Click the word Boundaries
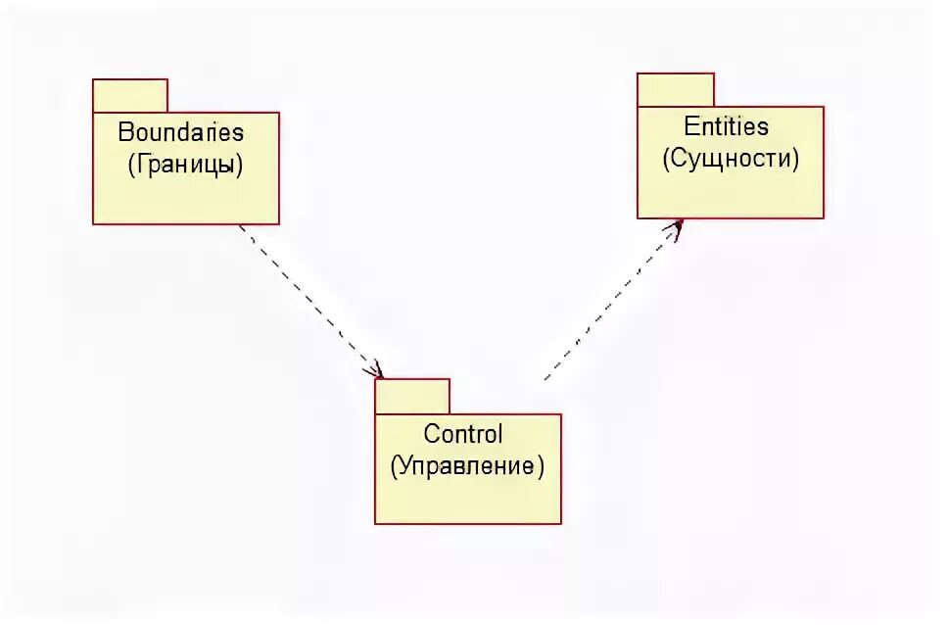point(181,131)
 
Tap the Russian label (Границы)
point(185,164)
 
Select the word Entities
point(726,126)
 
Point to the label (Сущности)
point(731,158)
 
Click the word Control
point(463,433)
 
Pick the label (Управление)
point(467,466)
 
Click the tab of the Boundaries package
point(130,96)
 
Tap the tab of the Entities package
point(676,90)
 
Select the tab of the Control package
point(412,397)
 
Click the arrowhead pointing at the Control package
point(377,371)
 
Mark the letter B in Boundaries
point(125,131)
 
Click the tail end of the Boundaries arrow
point(240,226)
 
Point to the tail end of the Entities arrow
point(545,379)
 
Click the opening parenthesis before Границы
point(131,165)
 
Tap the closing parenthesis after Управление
point(540,467)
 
